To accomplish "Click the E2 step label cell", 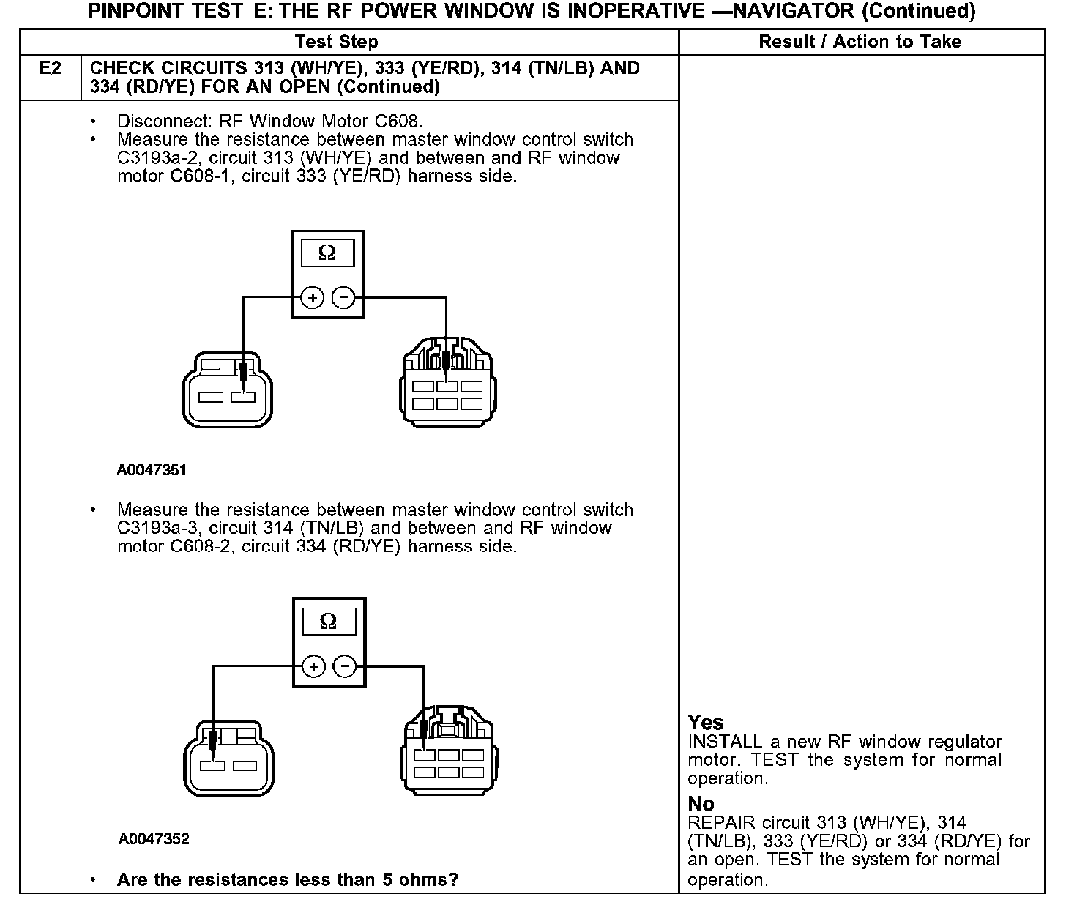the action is (x=51, y=78).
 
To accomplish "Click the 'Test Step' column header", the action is (x=336, y=42).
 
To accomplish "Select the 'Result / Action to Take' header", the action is (x=860, y=42).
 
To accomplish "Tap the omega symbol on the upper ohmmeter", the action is (x=327, y=253).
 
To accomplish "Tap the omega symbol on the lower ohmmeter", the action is (x=329, y=622).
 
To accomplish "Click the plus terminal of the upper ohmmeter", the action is (x=313, y=297).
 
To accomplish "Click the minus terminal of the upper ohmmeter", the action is (x=343, y=297).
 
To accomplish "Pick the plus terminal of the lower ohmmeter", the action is (x=313, y=666).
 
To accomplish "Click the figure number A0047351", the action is (x=152, y=470).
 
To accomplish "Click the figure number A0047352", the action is (x=154, y=839).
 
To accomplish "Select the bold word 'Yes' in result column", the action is (x=706, y=723).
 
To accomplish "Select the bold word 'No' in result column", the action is (x=701, y=804).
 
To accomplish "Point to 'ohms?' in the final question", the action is (x=432, y=879).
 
